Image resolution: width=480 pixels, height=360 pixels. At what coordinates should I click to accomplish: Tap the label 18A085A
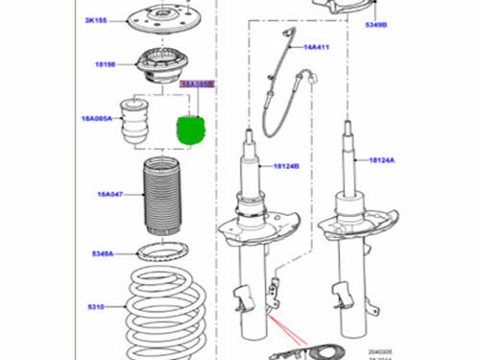tap(97, 119)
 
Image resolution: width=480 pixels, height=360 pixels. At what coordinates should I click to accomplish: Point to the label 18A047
tap(108, 194)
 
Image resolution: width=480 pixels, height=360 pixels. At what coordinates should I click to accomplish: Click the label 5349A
tap(103, 253)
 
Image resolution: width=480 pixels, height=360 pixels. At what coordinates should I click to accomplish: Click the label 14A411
tap(317, 46)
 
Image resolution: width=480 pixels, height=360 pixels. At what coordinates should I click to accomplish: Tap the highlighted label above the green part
tap(197, 84)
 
